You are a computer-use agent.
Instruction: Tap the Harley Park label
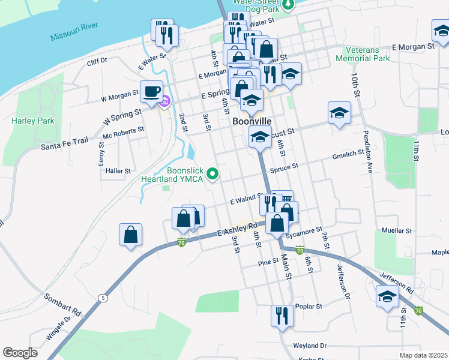(32, 121)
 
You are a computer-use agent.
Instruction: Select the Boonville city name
(252, 121)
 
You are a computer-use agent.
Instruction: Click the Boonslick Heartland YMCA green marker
(212, 175)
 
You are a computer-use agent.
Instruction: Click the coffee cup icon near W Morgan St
(151, 92)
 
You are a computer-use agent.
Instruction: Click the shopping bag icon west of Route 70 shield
(131, 235)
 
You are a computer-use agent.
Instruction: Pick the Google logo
(20, 353)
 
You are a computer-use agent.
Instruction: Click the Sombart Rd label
(62, 305)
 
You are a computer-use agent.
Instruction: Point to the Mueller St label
(397, 230)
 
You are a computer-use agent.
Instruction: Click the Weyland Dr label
(310, 346)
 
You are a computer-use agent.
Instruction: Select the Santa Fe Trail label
(64, 142)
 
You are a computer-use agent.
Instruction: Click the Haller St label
(118, 171)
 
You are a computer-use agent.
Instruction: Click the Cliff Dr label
(97, 61)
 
